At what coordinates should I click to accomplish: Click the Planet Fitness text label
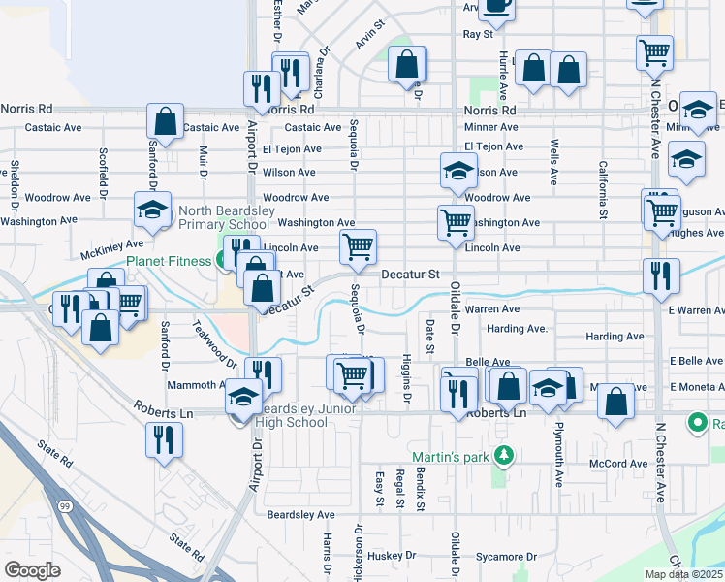point(169,261)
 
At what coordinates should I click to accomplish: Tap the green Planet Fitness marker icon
point(223,260)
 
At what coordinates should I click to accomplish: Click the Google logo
point(32,570)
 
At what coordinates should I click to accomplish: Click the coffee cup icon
point(497,6)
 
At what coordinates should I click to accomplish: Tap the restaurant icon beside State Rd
point(164,438)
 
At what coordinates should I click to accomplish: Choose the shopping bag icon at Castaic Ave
point(166,121)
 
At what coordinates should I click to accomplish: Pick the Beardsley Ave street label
point(300,514)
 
